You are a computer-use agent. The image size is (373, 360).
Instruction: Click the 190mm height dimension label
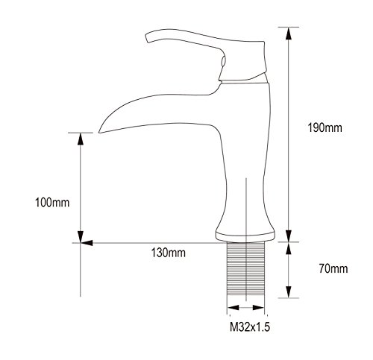[325, 128]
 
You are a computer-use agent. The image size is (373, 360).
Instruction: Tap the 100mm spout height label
[52, 203]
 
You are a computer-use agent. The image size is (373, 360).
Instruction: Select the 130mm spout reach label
[169, 253]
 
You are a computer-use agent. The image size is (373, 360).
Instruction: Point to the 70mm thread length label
[333, 268]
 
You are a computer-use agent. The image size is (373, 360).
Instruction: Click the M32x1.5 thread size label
[250, 327]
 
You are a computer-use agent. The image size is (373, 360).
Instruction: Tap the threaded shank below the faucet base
[245, 269]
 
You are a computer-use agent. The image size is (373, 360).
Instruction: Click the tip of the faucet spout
[99, 132]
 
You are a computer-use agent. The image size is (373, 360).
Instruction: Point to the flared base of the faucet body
[245, 234]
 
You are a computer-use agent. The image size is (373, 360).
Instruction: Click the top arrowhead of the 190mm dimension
[288, 33]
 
